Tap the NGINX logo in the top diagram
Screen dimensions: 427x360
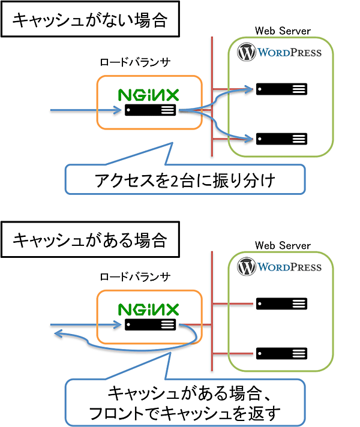click(148, 95)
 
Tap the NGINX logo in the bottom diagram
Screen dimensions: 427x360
click(148, 309)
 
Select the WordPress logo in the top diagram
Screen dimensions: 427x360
click(280, 52)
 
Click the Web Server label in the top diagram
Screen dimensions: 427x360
click(283, 31)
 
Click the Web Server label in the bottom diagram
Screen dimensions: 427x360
click(283, 245)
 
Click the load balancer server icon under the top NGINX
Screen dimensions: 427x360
click(150, 110)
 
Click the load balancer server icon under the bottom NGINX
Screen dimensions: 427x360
click(150, 325)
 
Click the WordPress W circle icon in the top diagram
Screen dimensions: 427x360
click(247, 52)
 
